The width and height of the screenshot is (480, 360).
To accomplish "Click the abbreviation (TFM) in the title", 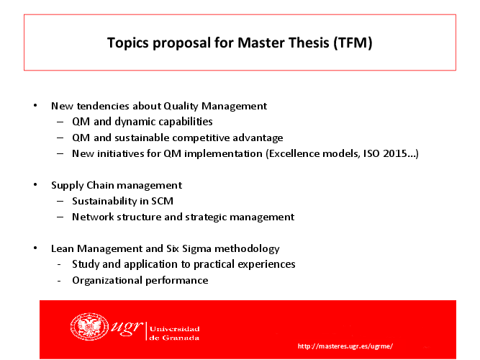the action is coord(353,42).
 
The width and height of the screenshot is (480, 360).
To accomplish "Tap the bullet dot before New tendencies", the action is coord(35,105).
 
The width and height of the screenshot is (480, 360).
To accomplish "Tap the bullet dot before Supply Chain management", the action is coord(35,185).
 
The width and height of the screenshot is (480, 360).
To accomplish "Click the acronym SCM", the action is coord(162,201).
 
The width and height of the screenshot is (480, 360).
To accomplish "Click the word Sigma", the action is coord(196,248).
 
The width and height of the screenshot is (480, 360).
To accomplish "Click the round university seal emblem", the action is coord(89,327).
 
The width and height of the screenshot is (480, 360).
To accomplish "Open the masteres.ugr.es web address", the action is coord(345,346).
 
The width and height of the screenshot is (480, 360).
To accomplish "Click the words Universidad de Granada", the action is coord(174,333).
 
